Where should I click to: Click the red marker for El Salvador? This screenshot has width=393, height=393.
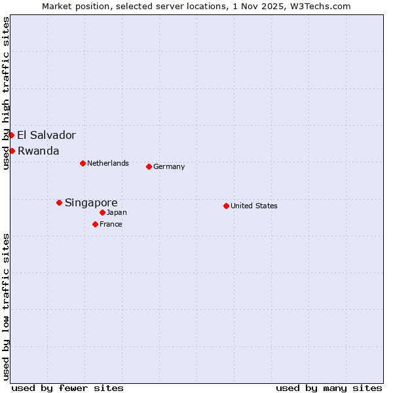coord(11,135)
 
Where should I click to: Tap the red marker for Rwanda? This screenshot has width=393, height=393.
coord(12,151)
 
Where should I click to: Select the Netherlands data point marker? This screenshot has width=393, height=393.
coord(83,163)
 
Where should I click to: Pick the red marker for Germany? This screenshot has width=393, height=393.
coord(149,166)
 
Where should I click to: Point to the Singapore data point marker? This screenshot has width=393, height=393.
coord(59,202)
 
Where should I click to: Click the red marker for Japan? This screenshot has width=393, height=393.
coord(102,212)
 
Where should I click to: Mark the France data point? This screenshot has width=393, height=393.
coord(95,224)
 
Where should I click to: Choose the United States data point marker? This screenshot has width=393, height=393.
coord(226,206)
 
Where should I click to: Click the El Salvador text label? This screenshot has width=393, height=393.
coord(47,136)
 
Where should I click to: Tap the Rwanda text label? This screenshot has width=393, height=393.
coord(38,151)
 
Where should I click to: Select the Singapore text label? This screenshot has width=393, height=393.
coord(91,203)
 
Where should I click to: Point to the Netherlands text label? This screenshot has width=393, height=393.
coord(108,163)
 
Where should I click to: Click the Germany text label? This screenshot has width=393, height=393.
coord(169,167)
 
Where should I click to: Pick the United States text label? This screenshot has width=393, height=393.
coord(254,206)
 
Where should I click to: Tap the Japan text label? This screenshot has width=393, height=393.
coord(117,212)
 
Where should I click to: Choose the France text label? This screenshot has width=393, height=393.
coord(111,224)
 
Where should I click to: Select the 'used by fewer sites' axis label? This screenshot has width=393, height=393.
coord(67,388)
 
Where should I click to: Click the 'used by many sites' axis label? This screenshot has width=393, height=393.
coord(329,388)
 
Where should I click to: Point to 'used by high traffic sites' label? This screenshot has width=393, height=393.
coord(6,93)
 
